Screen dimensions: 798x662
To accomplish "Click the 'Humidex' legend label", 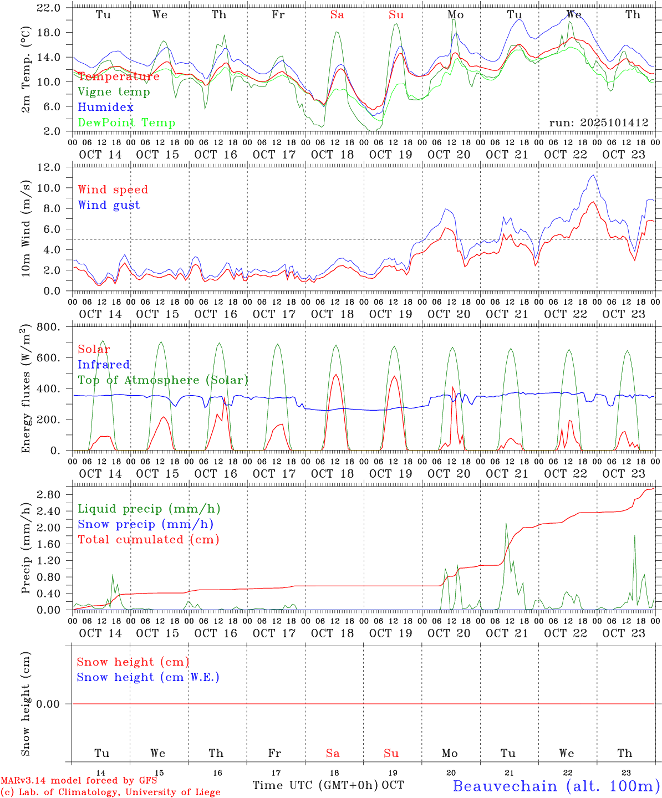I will (x=105, y=107).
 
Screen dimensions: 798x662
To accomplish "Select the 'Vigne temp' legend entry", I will (x=114, y=91).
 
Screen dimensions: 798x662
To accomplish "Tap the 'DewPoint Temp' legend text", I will (x=126, y=122).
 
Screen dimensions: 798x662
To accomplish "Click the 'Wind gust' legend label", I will (x=109, y=205).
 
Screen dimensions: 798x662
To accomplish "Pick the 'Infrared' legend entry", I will (x=104, y=365).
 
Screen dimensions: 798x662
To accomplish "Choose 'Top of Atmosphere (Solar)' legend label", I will (x=163, y=380).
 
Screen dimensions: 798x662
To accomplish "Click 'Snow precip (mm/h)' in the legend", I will (x=145, y=524).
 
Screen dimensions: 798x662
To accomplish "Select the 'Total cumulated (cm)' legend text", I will (x=149, y=540).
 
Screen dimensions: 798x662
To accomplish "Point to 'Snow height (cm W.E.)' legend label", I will (x=148, y=677).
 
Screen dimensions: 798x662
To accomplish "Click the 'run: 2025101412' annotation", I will (x=599, y=122).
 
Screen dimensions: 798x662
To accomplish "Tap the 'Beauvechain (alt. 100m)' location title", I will (x=556, y=786).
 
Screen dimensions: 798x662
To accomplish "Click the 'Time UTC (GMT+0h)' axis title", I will (x=315, y=785).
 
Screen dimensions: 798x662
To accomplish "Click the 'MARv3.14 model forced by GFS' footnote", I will (x=79, y=780).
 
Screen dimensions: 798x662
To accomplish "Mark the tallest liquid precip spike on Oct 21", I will (x=506, y=523).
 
